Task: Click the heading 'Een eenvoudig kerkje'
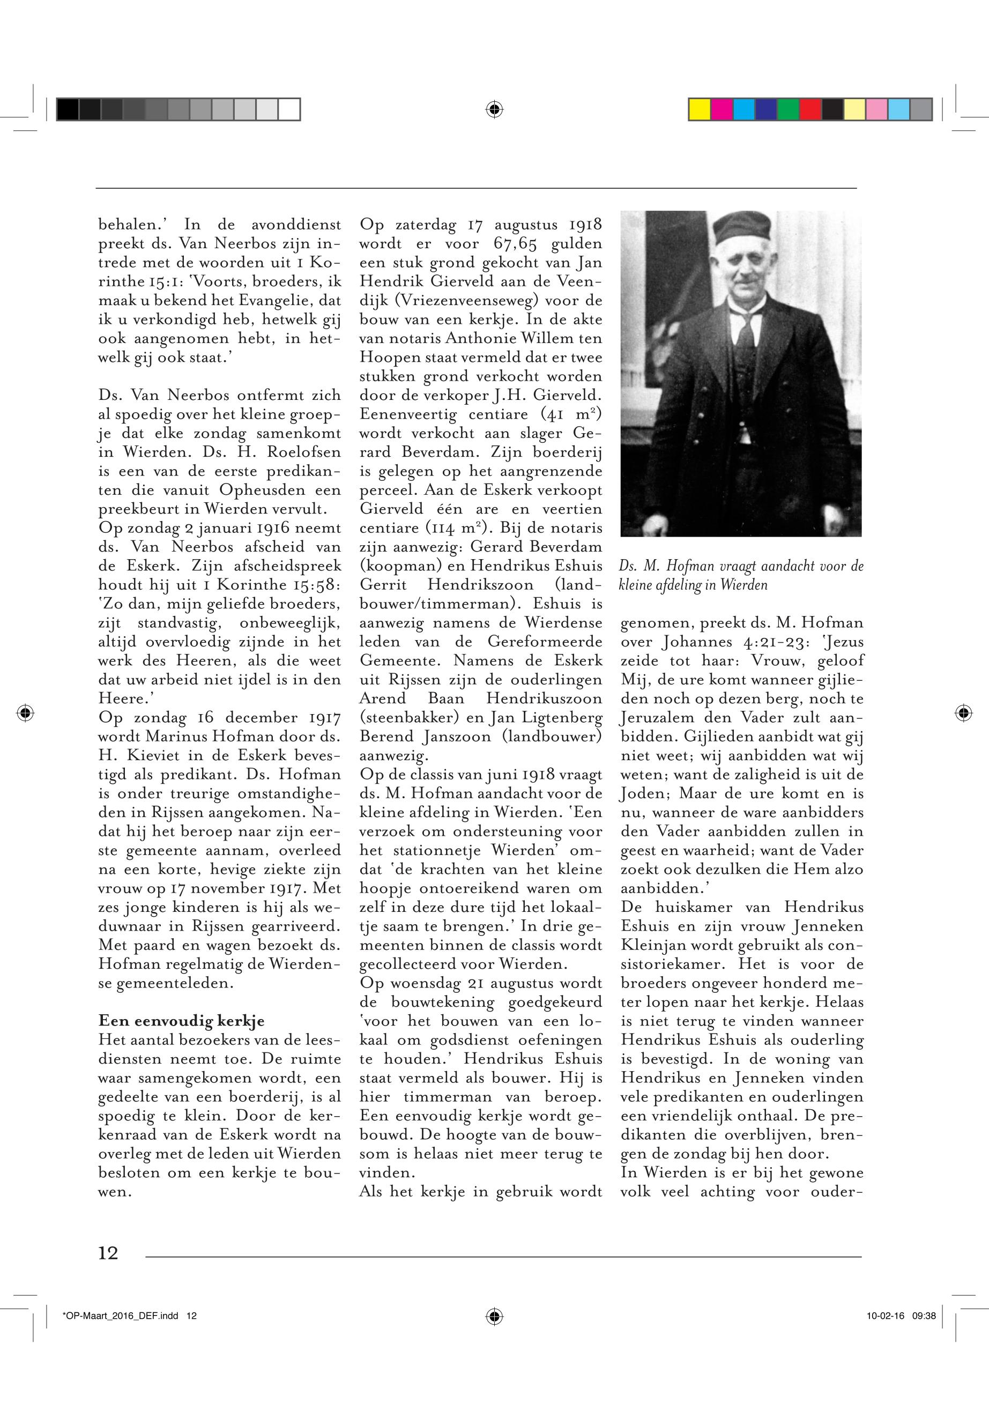(x=182, y=1021)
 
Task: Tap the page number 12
(x=108, y=1253)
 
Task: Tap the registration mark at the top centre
(x=494, y=110)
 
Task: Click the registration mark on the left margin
(x=25, y=712)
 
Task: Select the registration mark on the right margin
(x=962, y=712)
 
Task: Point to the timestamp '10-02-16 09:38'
(x=901, y=1316)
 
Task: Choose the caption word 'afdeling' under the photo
(x=674, y=584)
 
